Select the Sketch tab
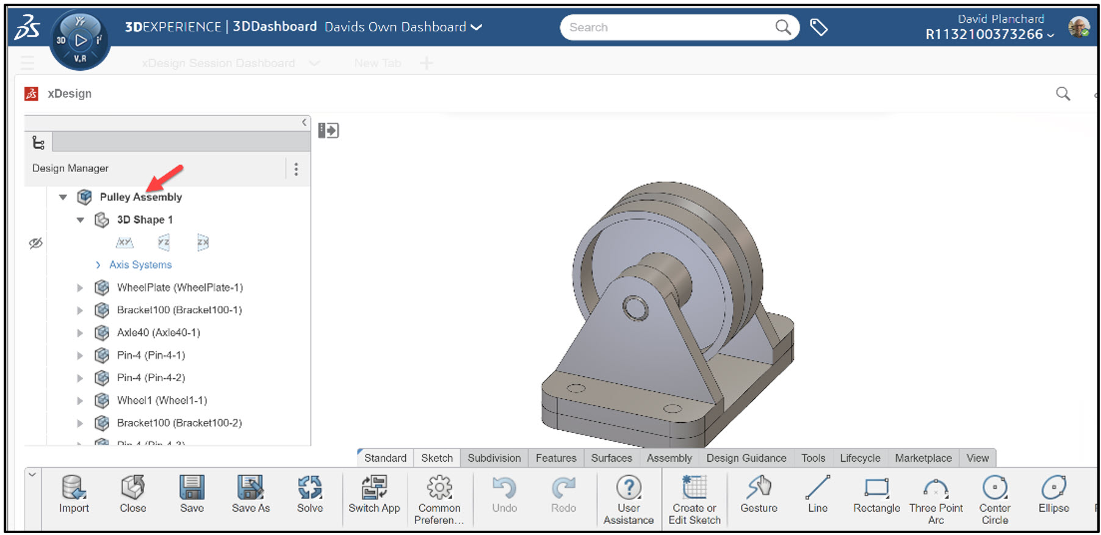pyautogui.click(x=437, y=458)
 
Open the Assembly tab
pyautogui.click(x=669, y=458)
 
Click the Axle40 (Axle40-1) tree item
pyautogui.click(x=158, y=332)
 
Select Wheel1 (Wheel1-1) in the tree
pyautogui.click(x=162, y=400)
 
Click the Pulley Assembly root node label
pyautogui.click(x=140, y=197)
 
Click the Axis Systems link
pyautogui.click(x=140, y=265)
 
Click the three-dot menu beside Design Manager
pyautogui.click(x=296, y=169)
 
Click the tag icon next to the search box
pyautogui.click(x=818, y=27)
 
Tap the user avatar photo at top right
pyautogui.click(x=1078, y=27)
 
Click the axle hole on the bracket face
pyautogui.click(x=635, y=307)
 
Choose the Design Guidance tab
pyautogui.click(x=746, y=458)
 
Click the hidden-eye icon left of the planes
pyautogui.click(x=36, y=243)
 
